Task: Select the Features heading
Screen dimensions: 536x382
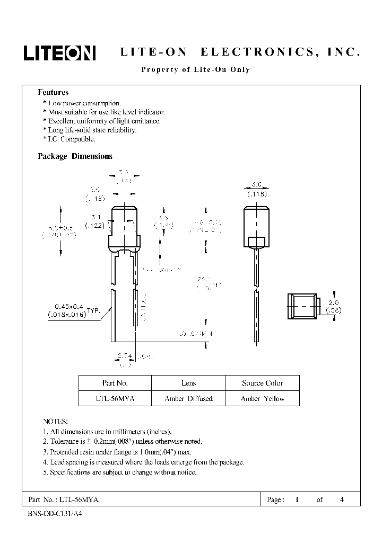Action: (x=53, y=92)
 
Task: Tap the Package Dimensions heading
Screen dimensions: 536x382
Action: (x=75, y=156)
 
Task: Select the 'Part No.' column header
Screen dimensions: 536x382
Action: (x=115, y=383)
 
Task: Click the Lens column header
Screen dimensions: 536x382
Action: (x=188, y=383)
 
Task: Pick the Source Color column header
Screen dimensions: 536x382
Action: (x=262, y=383)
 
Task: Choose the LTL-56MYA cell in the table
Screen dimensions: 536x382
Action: (x=115, y=398)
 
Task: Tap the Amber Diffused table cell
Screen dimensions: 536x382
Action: (x=188, y=398)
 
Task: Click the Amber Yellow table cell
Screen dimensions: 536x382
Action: (x=262, y=398)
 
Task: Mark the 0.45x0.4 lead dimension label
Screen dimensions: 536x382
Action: (x=70, y=307)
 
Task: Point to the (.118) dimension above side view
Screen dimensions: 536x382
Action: (x=256, y=194)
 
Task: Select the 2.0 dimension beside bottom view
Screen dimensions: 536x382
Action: (x=333, y=303)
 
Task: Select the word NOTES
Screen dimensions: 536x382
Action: (x=55, y=422)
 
